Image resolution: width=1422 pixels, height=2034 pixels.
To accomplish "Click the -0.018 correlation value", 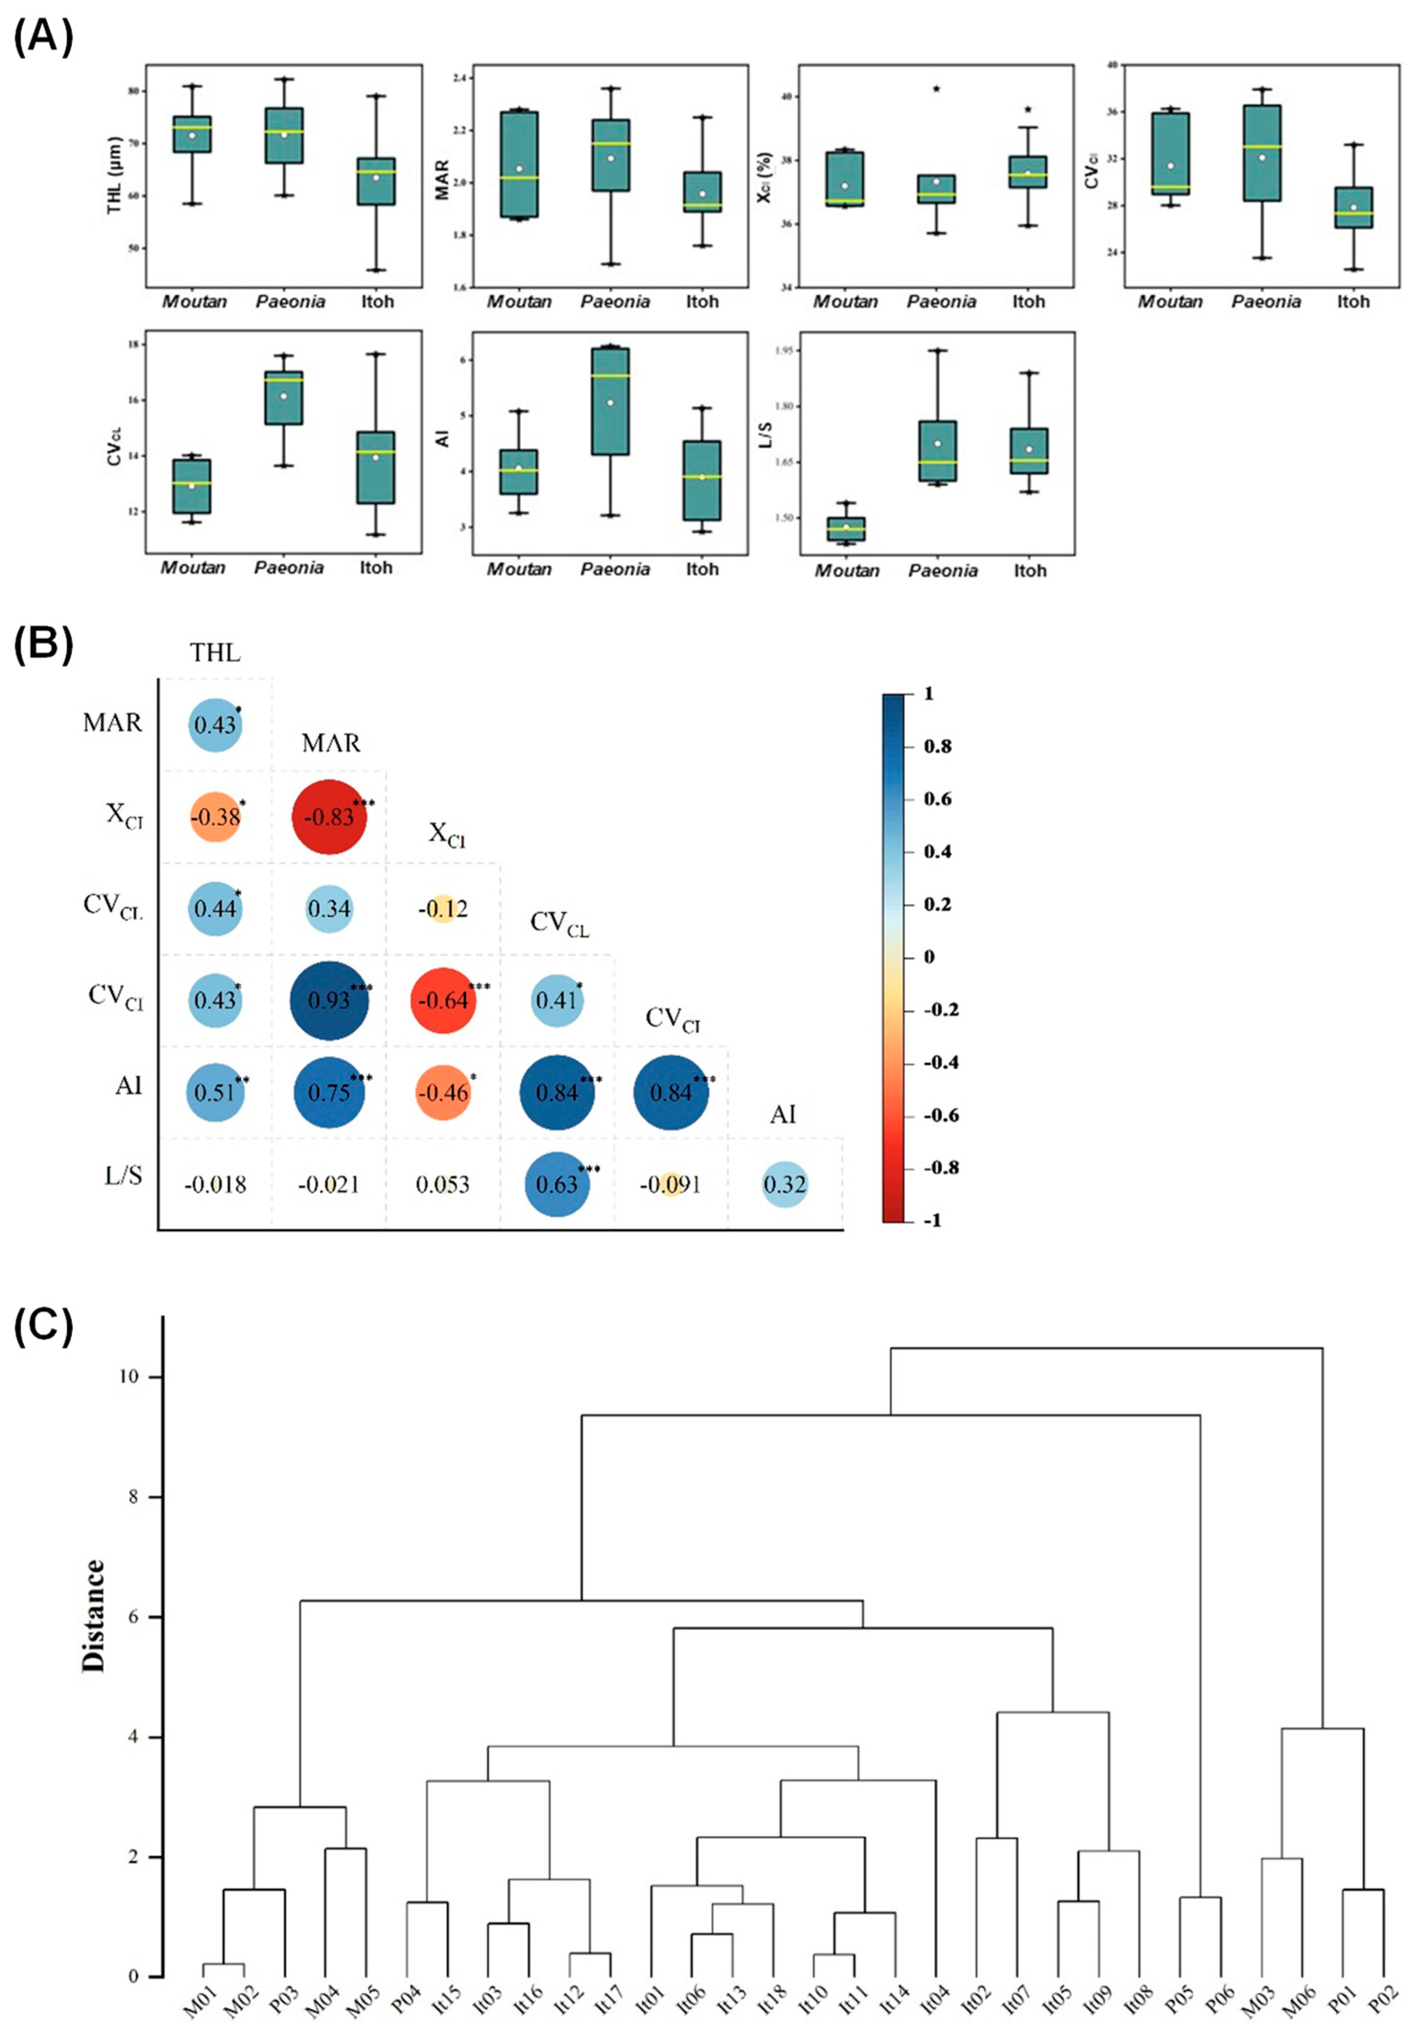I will pos(215,1184).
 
